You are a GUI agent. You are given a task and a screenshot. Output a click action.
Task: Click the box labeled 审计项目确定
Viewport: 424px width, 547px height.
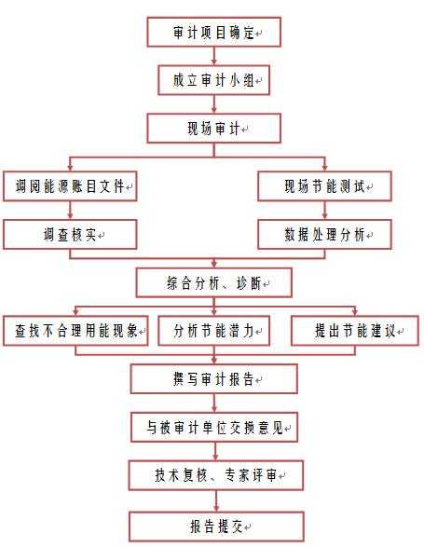point(214,32)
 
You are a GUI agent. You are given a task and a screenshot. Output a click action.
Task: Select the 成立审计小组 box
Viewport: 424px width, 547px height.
point(214,80)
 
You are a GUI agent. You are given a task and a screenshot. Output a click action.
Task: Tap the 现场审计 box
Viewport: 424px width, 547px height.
point(214,129)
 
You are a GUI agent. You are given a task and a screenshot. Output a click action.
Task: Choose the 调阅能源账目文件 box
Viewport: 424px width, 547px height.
point(70,186)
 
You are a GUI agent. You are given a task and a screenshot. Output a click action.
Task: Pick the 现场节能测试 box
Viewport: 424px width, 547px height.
point(324,186)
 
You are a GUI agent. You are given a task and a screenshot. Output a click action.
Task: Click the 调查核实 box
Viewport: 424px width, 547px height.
point(70,234)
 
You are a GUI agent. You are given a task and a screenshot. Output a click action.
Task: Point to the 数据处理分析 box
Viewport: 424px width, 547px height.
point(324,234)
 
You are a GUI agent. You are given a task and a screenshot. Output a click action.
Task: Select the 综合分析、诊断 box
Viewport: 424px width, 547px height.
point(214,282)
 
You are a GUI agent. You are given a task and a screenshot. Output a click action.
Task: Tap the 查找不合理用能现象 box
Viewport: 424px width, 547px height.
point(75,331)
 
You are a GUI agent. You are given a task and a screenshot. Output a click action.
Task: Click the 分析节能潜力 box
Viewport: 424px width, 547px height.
point(214,331)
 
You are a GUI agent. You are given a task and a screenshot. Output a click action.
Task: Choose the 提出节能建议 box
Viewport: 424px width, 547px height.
point(355,331)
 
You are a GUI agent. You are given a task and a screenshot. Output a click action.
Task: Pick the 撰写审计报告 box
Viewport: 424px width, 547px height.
point(214,379)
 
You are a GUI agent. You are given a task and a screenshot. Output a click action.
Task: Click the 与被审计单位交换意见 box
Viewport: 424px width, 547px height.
point(214,428)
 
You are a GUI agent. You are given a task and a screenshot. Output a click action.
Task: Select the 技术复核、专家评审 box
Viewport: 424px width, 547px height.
point(215,475)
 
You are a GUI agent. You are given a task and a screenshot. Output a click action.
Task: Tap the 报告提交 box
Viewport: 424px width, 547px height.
point(216,527)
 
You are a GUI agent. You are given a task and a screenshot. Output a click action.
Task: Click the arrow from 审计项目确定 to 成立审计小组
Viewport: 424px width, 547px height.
point(214,56)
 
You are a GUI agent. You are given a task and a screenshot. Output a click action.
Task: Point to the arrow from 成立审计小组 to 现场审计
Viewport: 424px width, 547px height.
point(214,104)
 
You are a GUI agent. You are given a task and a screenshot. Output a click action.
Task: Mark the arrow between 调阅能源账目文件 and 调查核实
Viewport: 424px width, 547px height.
point(70,211)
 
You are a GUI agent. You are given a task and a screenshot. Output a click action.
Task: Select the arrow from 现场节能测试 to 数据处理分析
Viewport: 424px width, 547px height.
point(324,211)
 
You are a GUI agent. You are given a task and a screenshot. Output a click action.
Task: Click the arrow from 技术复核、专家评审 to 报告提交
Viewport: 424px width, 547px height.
point(216,501)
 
